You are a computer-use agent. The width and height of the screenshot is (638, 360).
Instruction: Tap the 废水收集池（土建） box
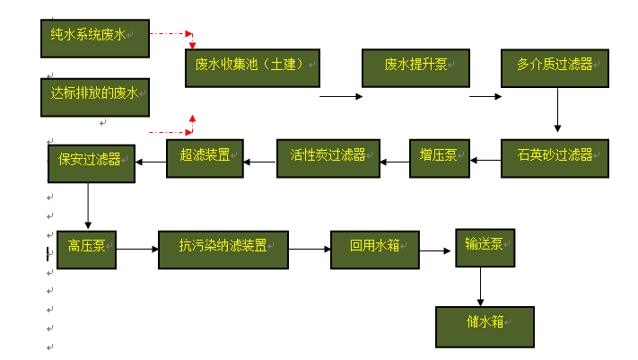pyautogui.click(x=252, y=67)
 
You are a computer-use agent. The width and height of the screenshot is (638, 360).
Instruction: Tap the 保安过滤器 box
pyautogui.click(x=90, y=162)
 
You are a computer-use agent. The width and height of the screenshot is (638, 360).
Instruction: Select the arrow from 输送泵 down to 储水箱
pyautogui.click(x=481, y=287)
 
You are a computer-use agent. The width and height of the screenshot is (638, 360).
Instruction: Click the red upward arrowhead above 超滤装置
pyautogui.click(x=192, y=119)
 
